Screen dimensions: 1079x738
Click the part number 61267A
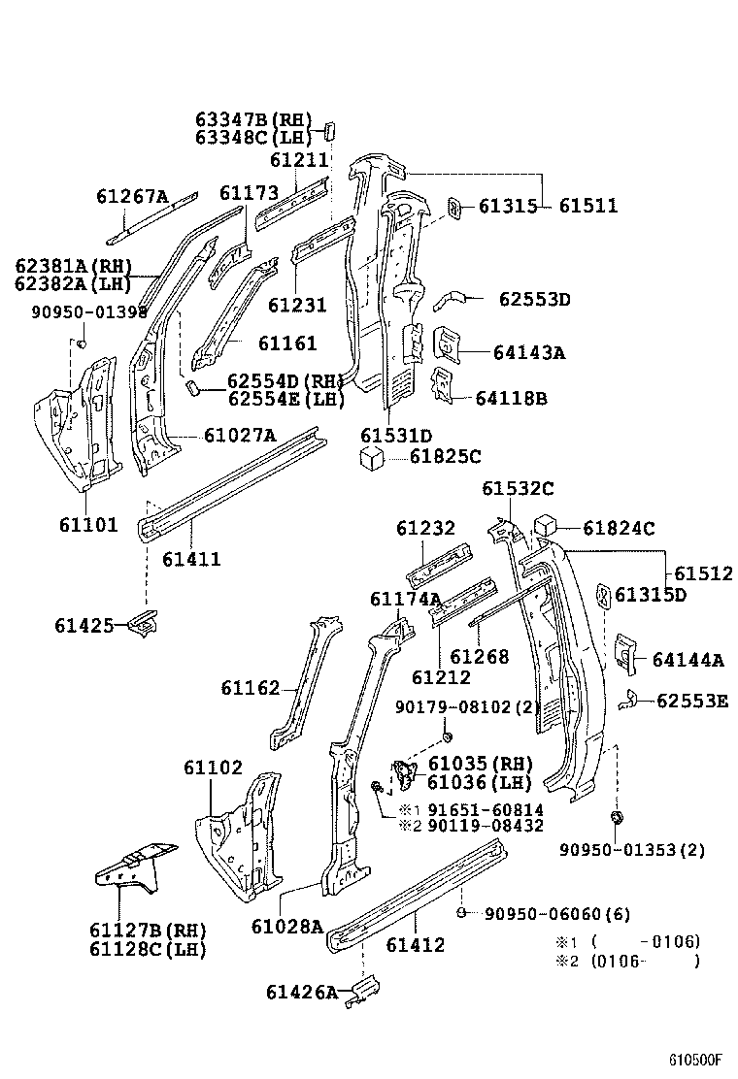click(x=132, y=197)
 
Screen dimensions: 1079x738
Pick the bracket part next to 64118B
click(x=442, y=384)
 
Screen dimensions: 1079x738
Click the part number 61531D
click(x=395, y=436)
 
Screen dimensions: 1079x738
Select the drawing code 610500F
click(x=695, y=1060)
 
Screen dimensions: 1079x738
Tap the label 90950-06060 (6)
click(x=544, y=913)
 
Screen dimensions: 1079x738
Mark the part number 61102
click(x=213, y=768)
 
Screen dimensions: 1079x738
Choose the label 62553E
click(x=692, y=701)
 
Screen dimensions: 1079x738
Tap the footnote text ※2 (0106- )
click(x=627, y=962)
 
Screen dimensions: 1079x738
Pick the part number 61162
click(x=251, y=688)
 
